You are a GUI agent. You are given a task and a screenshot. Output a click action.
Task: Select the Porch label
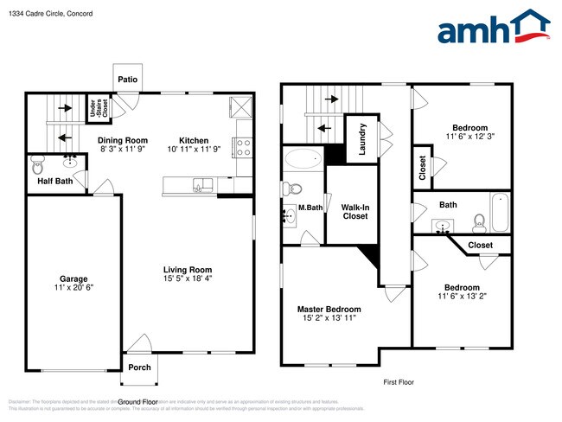[x=139, y=368]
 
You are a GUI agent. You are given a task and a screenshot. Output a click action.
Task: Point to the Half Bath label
[x=54, y=182]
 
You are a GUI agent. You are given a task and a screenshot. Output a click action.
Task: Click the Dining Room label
[x=122, y=140]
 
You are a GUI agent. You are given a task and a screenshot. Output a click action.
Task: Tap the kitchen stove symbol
[x=243, y=146]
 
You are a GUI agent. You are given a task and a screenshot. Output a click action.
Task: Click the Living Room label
[x=188, y=269]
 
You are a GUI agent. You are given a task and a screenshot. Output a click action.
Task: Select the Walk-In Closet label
[x=354, y=211]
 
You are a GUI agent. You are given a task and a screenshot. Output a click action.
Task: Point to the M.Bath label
[x=310, y=208]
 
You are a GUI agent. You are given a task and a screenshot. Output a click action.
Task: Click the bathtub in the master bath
[x=303, y=158]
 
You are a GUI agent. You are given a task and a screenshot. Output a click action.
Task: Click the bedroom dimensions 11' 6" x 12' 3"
[x=469, y=137]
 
